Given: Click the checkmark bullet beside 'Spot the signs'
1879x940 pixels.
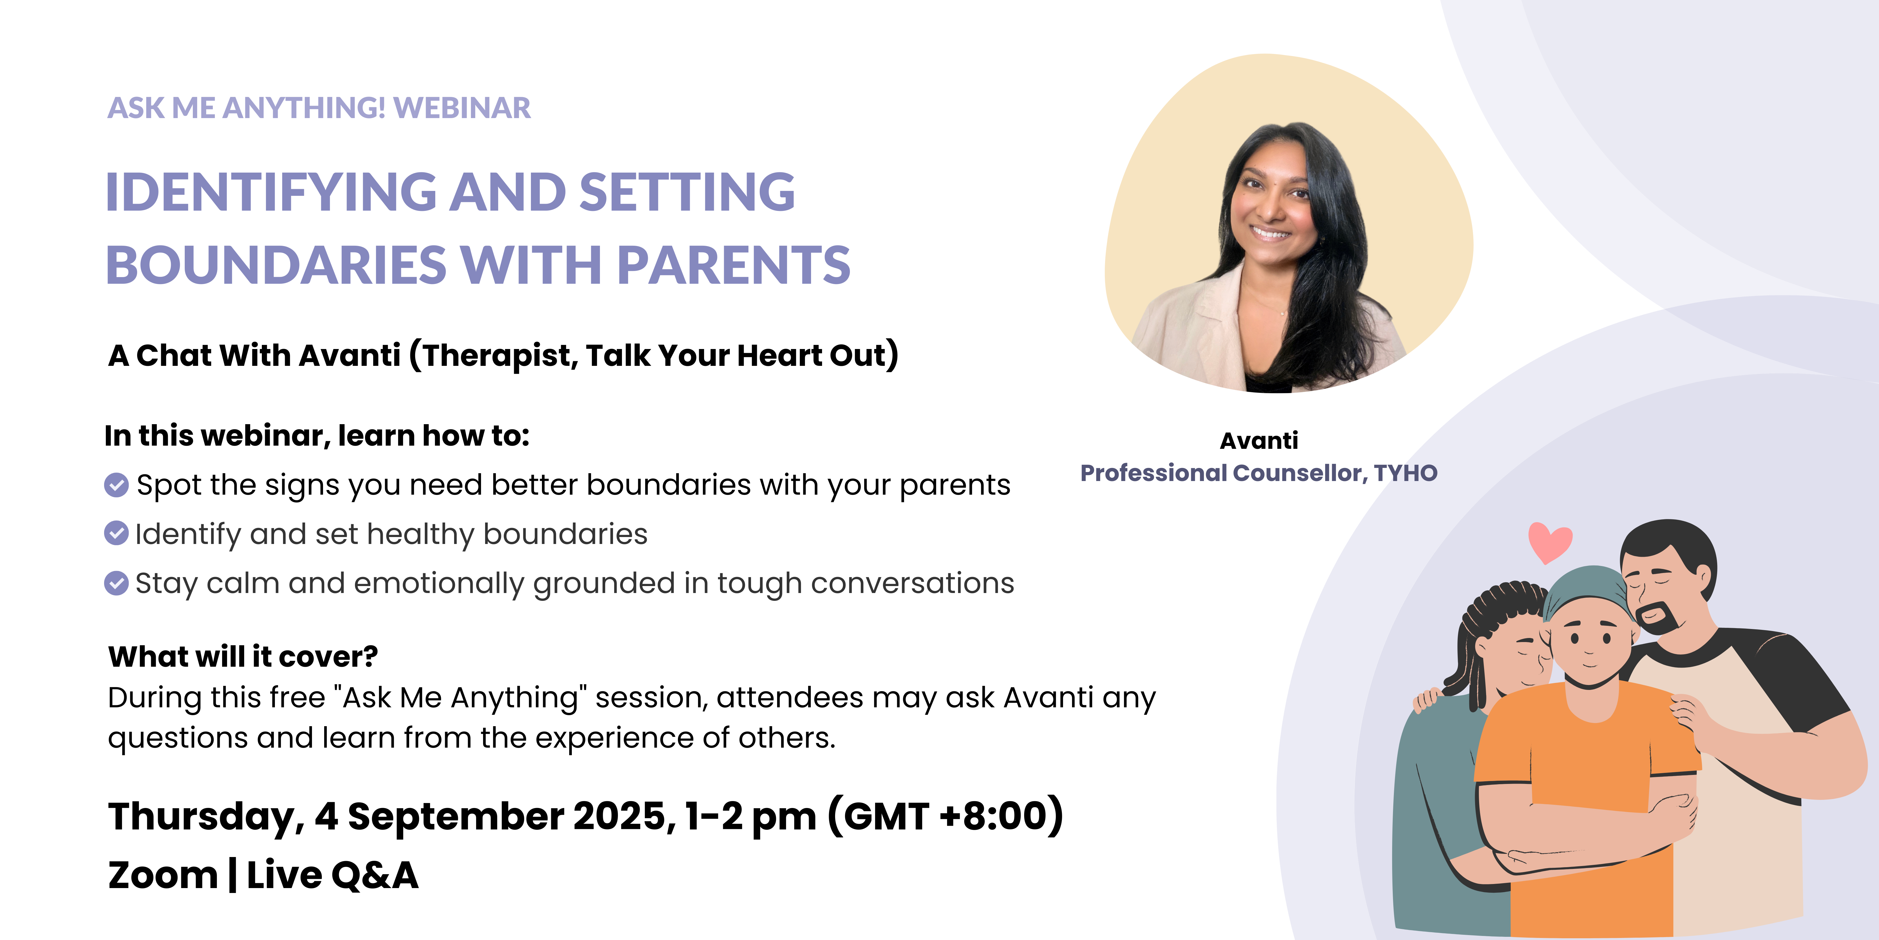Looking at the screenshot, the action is pyautogui.click(x=117, y=485).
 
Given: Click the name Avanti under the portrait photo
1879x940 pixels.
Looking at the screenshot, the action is pyautogui.click(x=1259, y=441).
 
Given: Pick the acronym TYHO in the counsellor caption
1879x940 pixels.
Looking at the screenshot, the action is pyautogui.click(x=1405, y=473).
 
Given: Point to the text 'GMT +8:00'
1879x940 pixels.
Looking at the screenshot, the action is pyautogui.click(x=946, y=816).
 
